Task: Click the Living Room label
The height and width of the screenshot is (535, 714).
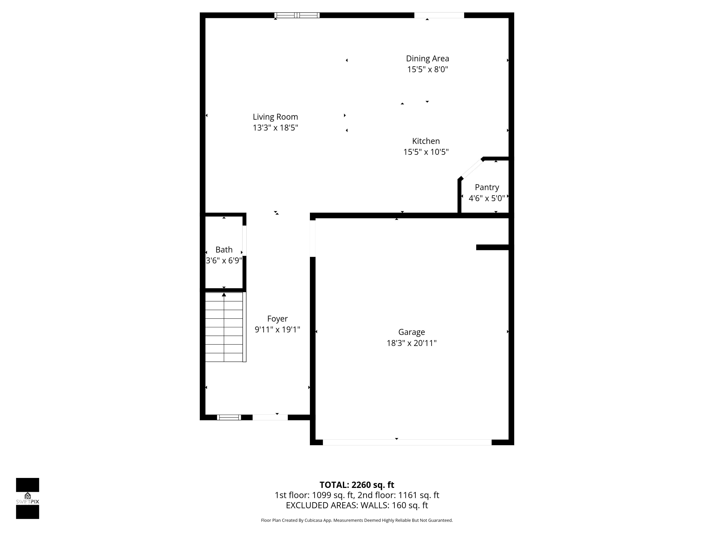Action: [x=275, y=117]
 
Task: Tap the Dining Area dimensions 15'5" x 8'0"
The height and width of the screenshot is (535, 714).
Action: [x=427, y=69]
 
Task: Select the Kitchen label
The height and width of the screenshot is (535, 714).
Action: [x=426, y=141]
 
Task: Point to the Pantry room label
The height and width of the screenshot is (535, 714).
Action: [x=487, y=187]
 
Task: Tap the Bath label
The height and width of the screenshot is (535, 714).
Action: [x=224, y=250]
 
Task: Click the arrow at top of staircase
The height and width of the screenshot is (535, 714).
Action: [x=224, y=294]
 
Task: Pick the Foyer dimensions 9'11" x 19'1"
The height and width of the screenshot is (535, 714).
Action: [x=277, y=330]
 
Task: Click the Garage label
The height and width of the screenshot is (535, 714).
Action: [x=411, y=332]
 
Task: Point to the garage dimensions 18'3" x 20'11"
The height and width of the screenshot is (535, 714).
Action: [x=411, y=343]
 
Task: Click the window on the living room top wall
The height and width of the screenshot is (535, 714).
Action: [x=297, y=15]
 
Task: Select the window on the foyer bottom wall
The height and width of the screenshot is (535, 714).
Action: [x=229, y=417]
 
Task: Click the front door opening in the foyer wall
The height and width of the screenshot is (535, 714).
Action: [x=270, y=417]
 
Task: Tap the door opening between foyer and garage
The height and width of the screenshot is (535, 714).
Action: [x=312, y=239]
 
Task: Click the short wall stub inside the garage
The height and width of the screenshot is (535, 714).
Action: [x=493, y=247]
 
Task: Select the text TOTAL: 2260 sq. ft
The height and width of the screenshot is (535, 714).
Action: [x=357, y=485]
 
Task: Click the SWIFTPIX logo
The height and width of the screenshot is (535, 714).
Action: [x=27, y=498]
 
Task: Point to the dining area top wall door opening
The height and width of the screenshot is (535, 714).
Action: [x=439, y=15]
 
